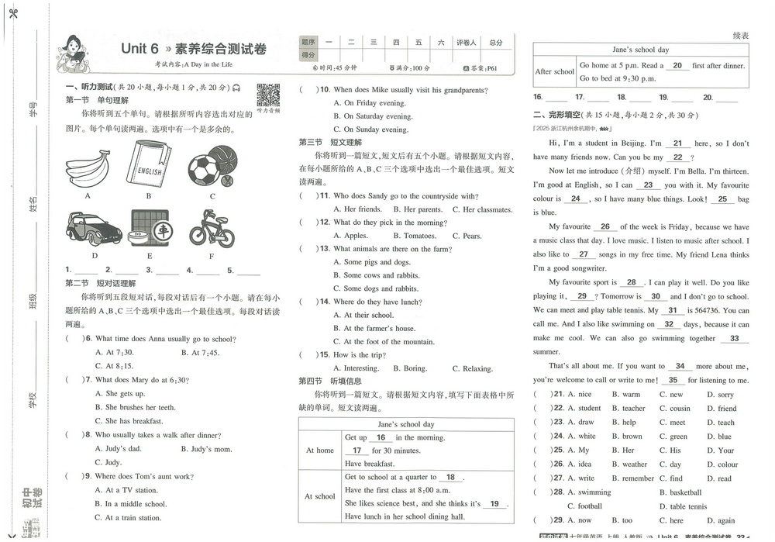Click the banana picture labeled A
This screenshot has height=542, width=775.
pyautogui.click(x=88, y=164)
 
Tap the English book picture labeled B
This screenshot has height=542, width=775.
pyautogui.click(x=146, y=162)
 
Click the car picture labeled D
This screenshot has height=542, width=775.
pyautogui.click(x=93, y=230)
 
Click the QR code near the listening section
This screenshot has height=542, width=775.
pyautogui.click(x=268, y=95)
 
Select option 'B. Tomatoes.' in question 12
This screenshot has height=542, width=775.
pyautogui.click(x=415, y=236)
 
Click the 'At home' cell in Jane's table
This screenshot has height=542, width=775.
pyautogui.click(x=320, y=450)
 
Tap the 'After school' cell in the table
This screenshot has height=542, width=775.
pyautogui.click(x=555, y=72)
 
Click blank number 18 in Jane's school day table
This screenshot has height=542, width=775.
pyautogui.click(x=450, y=478)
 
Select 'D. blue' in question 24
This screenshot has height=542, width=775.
pyautogui.click(x=720, y=436)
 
